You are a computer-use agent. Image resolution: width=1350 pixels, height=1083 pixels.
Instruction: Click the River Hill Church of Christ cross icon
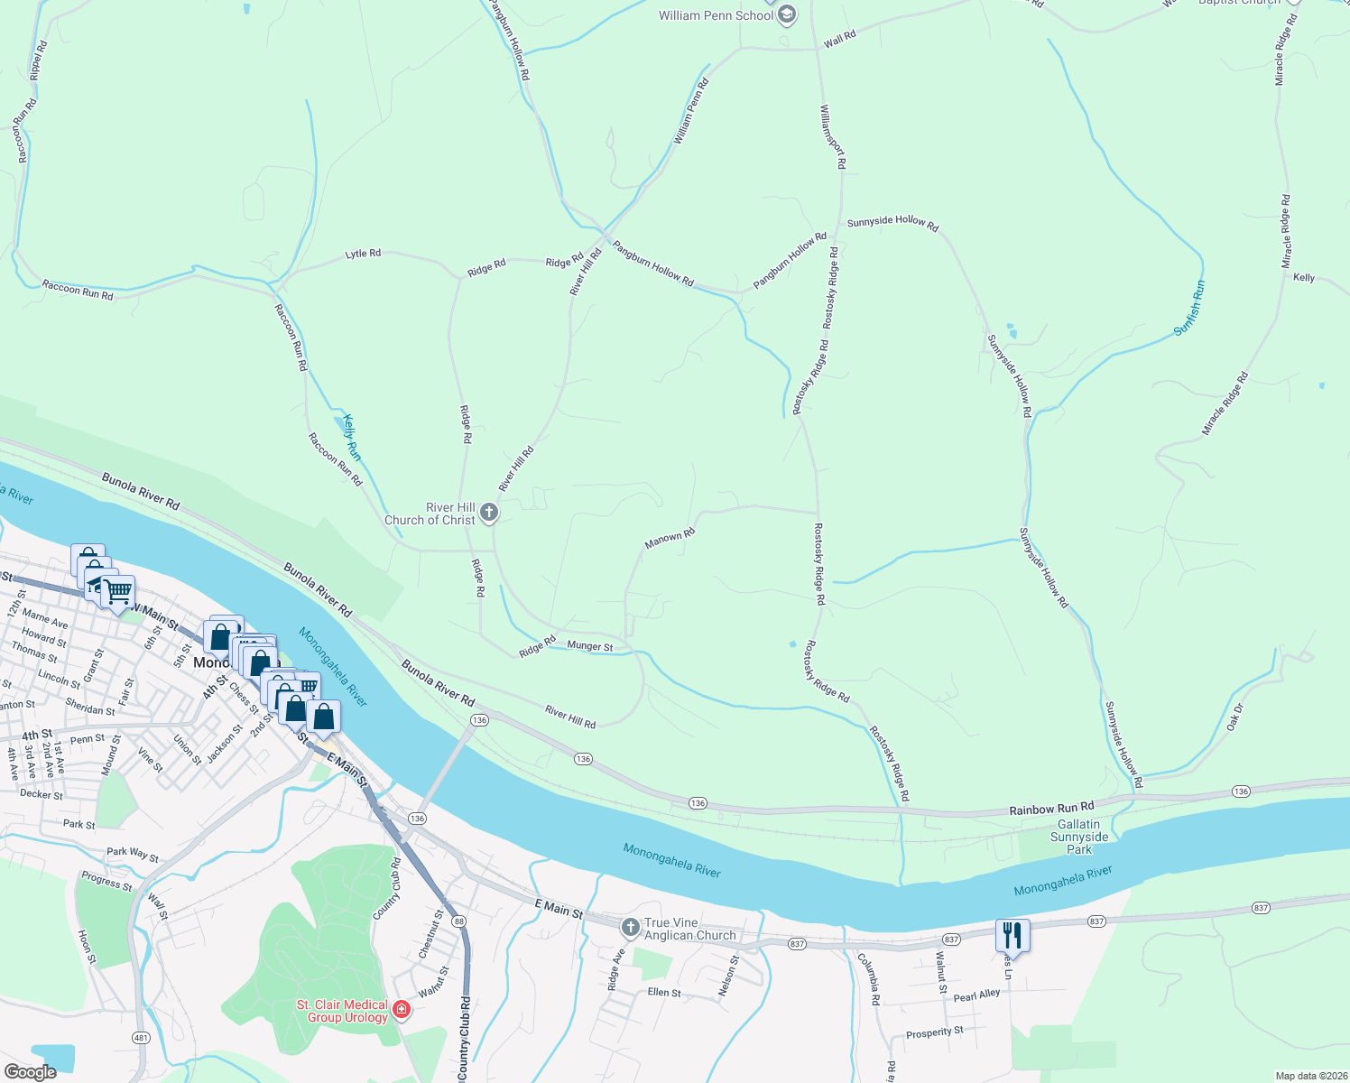point(488,514)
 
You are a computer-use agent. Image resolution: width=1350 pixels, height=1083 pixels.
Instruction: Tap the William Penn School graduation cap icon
point(787,15)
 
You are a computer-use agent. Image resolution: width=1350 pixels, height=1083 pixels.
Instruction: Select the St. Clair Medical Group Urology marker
point(402,1010)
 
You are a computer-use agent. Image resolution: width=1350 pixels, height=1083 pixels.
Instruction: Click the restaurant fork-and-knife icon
point(1013,936)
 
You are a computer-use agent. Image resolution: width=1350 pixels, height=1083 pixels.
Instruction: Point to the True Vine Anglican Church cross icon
point(631,927)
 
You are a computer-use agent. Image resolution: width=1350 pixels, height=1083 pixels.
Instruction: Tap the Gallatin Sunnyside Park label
point(1079,837)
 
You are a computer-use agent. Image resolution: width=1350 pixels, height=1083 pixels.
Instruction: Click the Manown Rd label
point(670,539)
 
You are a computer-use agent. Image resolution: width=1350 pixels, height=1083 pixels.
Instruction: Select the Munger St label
point(590,646)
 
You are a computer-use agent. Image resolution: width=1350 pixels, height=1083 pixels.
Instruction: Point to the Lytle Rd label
point(363,255)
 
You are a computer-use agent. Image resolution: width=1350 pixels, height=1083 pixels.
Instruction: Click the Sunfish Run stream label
point(1189,309)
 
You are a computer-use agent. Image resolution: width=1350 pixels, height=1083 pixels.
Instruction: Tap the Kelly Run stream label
point(352,437)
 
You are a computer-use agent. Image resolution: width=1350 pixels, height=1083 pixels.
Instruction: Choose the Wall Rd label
point(839,38)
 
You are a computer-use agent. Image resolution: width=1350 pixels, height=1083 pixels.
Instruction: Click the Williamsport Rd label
point(832,136)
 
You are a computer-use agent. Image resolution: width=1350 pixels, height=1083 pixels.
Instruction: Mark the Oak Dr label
point(1234,717)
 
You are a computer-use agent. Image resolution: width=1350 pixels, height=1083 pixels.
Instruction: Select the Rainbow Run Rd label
point(1050,807)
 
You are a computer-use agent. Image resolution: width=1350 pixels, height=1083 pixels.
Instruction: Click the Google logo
point(30,1071)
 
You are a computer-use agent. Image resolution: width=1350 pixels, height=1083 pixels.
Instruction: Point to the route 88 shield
point(459,921)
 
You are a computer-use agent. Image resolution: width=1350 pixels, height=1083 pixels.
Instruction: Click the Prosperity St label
point(934,1032)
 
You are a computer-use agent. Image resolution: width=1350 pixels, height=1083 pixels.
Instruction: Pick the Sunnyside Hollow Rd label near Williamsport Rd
point(892,222)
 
